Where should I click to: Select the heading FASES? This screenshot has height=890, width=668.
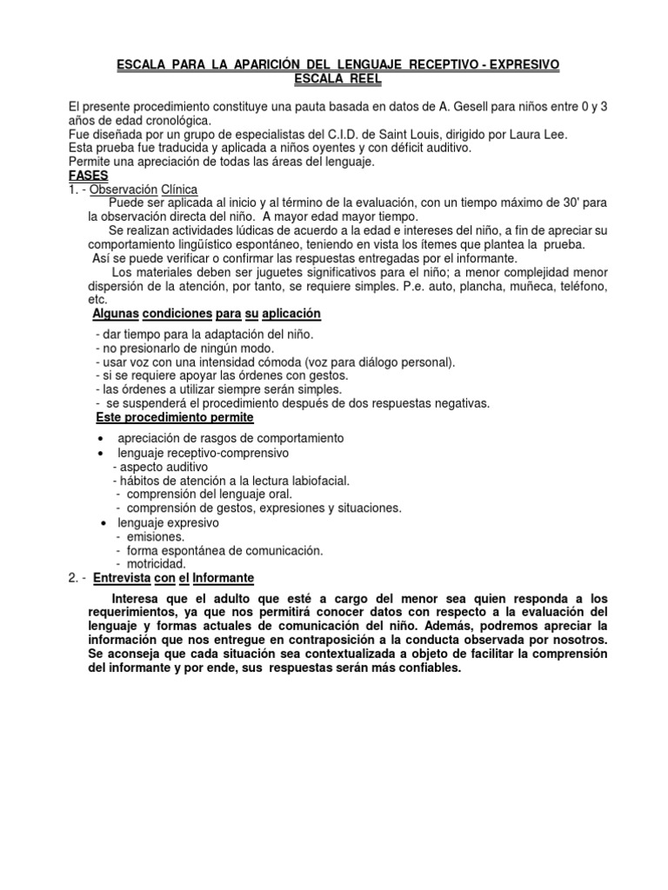88,176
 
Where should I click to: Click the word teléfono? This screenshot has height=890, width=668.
578,286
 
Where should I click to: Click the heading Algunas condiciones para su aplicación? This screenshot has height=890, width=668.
206,313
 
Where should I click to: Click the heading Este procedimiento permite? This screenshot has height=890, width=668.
174,418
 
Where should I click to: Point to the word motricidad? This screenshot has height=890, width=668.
157,564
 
